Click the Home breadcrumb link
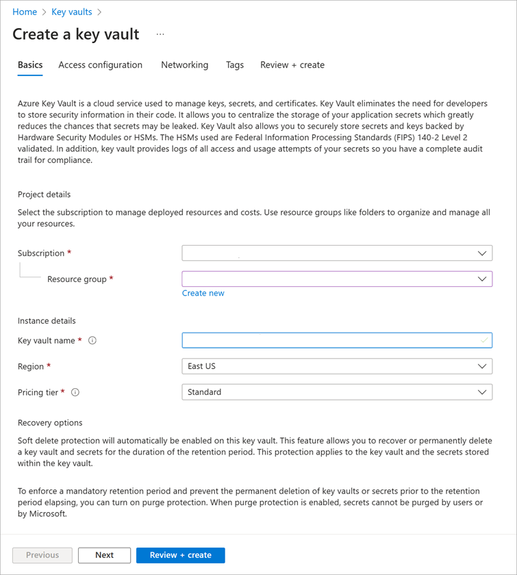[25, 12]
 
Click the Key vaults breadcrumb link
[71, 12]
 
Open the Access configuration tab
[100, 65]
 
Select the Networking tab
[184, 65]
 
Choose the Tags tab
[235, 65]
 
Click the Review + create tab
[292, 65]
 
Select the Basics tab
[30, 65]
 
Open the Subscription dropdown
[337, 253]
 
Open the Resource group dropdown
[337, 279]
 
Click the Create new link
[203, 293]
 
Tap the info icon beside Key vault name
[92, 341]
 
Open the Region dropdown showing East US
[337, 366]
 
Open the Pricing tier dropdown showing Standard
[337, 392]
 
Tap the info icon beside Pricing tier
[75, 393]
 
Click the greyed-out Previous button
[42, 555]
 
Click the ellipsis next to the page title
[160, 34]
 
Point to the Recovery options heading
[50, 422]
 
